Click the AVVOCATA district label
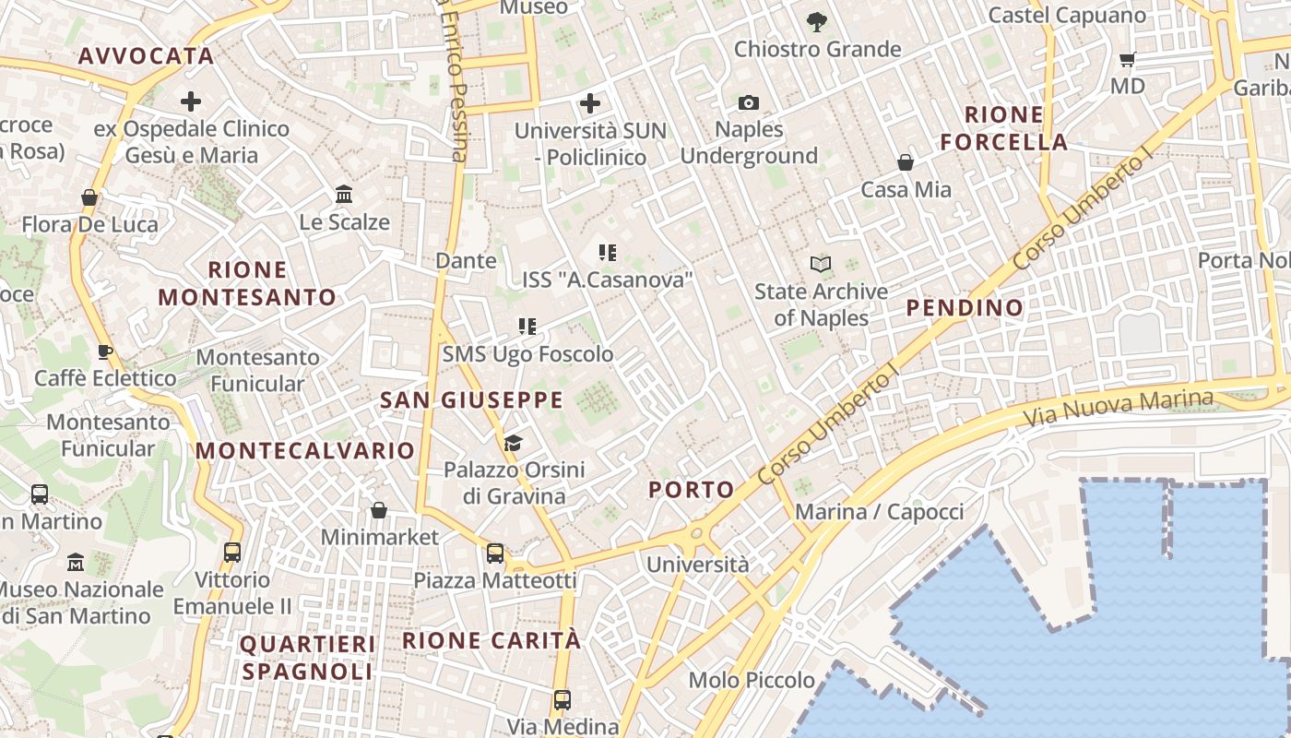146,55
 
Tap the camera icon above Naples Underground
749,102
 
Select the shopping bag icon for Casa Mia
906,163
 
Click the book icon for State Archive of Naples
821,265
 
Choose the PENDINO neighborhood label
965,307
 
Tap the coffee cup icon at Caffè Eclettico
105,351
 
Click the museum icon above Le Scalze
345,195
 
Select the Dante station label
466,261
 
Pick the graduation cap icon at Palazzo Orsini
513,444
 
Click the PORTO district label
692,490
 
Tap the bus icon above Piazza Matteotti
495,553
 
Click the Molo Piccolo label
752,681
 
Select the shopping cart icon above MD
1127,60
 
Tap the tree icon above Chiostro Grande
816,21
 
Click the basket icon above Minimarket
379,510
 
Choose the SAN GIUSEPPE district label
471,399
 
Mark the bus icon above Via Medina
562,700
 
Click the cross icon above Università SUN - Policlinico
590,102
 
